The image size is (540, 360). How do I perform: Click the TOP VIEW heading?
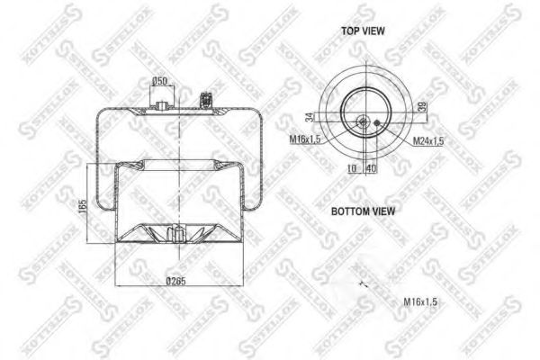pos(362,30)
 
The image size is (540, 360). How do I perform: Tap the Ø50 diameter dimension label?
pos(160,81)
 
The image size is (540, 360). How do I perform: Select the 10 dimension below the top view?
pos(351,168)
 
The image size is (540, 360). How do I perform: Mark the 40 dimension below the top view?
pos(371,168)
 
